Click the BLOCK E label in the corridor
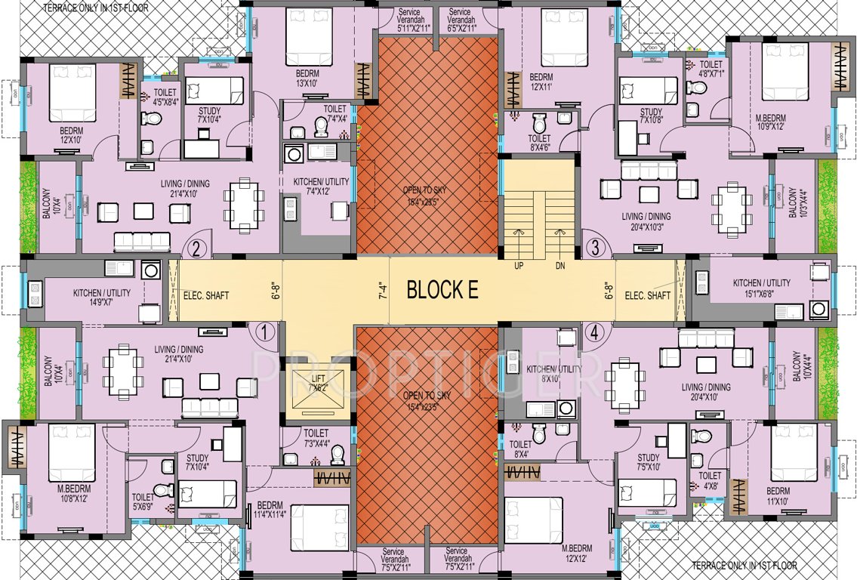coord(442,291)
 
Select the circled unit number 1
coord(264,331)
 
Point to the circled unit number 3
coord(595,248)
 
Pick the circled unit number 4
coord(595,331)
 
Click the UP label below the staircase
coord(519,266)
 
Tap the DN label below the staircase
coord(560,266)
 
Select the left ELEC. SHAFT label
coord(205,296)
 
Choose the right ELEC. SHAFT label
coord(648,296)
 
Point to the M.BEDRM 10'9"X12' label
coord(779,122)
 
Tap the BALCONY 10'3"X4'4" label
coord(795,204)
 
